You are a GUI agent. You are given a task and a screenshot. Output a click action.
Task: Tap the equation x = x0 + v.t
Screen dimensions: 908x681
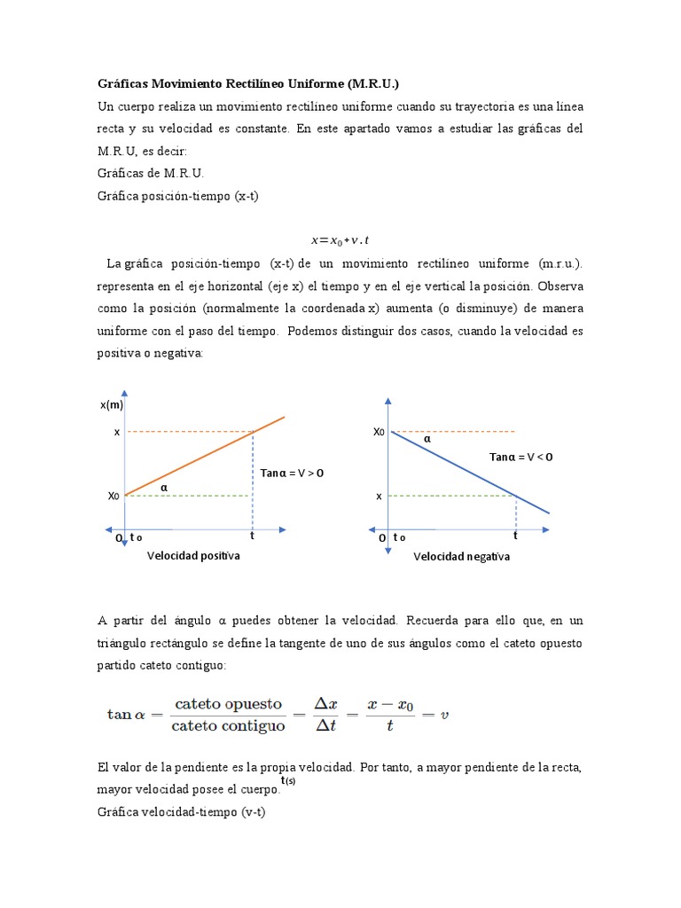[340, 239]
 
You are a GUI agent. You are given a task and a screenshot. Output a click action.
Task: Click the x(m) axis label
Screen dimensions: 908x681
[112, 405]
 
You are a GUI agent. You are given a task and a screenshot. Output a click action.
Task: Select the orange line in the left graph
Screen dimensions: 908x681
[204, 457]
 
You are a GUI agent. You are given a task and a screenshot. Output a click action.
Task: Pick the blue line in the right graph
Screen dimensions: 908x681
[470, 472]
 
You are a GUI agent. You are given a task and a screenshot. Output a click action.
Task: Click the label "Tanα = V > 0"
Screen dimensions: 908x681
[292, 473]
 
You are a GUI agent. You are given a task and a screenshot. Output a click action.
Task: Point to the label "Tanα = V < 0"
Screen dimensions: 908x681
[521, 457]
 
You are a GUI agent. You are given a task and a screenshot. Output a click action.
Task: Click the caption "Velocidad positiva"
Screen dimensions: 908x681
[193, 556]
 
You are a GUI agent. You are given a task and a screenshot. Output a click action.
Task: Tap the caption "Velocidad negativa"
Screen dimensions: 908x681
[461, 557]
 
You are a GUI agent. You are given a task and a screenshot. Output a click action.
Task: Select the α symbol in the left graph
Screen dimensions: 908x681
[163, 487]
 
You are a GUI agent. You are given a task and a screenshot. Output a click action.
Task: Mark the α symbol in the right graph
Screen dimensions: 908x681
[427, 438]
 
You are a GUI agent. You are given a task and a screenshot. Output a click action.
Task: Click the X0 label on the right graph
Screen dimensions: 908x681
[379, 432]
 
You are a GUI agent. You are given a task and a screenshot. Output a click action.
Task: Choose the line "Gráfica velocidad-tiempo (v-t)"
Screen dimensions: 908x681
[181, 811]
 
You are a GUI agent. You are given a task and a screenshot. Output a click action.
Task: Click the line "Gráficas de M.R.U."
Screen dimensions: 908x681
[151, 173]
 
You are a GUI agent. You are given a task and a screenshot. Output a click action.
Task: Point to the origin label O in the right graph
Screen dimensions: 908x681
[382, 538]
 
